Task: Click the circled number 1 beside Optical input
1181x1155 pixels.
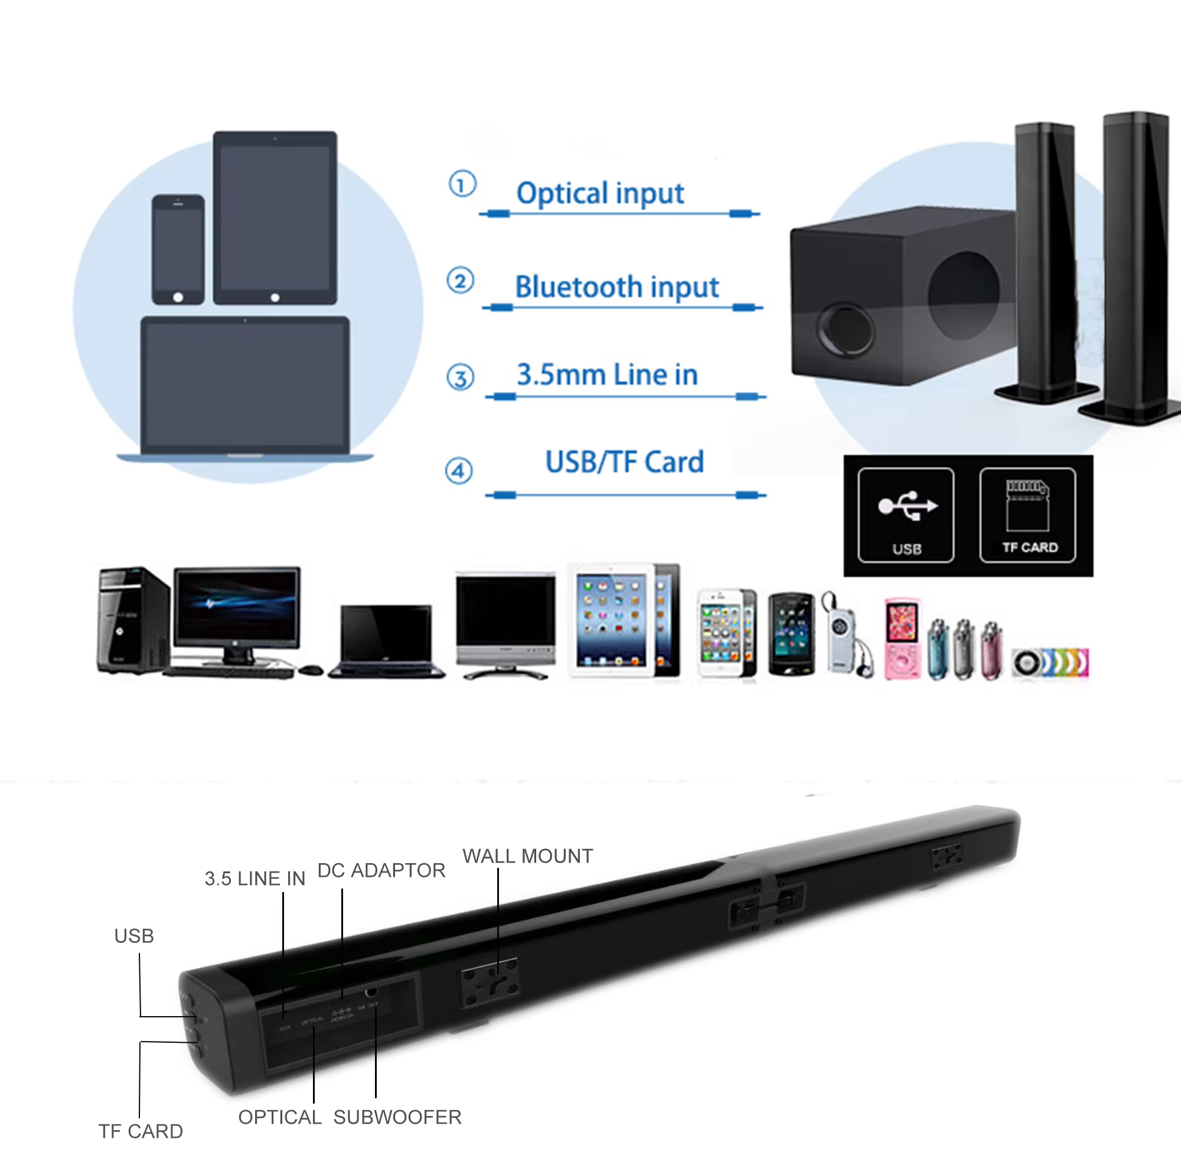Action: [x=462, y=184]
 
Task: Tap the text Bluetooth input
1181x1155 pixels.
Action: [x=616, y=287]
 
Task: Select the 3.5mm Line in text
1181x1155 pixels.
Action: [x=607, y=375]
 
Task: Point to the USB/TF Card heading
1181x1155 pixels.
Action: [x=624, y=462]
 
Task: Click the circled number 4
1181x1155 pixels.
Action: [x=459, y=471]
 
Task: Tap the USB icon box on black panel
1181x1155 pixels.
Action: [x=906, y=515]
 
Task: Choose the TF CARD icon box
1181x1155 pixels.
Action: [x=1027, y=515]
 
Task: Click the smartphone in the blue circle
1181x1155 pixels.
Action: [x=178, y=249]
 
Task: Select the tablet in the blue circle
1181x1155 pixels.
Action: [x=275, y=218]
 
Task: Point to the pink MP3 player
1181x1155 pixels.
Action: [x=902, y=639]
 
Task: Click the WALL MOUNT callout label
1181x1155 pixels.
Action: [x=527, y=856]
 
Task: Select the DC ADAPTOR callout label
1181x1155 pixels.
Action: [x=381, y=870]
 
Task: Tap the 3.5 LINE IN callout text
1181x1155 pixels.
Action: [x=255, y=879]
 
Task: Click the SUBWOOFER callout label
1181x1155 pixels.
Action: [x=397, y=1117]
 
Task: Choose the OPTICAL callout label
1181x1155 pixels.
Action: [x=279, y=1117]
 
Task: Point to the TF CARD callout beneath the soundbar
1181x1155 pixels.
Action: [x=141, y=1131]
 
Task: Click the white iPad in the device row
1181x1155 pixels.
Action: [x=611, y=620]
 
